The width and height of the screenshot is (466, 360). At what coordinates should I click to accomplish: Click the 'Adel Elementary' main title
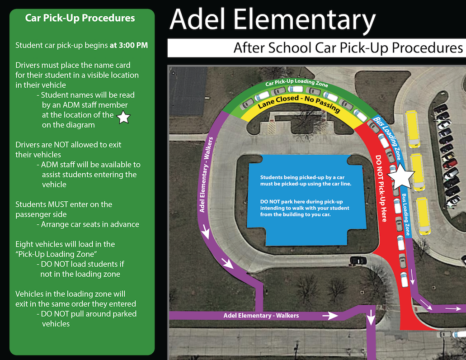click(273, 20)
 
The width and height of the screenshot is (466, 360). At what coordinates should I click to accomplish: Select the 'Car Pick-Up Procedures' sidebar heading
click(80, 18)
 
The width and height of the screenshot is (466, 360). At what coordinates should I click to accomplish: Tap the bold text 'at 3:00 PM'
click(129, 45)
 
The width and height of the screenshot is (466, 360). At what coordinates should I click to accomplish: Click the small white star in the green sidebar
click(123, 118)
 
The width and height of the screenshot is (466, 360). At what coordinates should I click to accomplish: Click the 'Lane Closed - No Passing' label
click(299, 102)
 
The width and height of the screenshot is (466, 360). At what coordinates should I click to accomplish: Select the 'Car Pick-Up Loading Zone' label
click(297, 84)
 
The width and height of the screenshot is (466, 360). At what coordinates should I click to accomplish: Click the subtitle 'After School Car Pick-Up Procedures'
click(348, 48)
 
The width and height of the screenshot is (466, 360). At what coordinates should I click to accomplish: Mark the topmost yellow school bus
click(413, 128)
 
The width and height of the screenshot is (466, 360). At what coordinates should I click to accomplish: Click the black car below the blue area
click(358, 260)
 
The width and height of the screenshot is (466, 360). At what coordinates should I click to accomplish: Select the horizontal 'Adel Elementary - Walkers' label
click(261, 315)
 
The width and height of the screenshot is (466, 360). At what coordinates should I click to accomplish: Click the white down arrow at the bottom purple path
click(371, 319)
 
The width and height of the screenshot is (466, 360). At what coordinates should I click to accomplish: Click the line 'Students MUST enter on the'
click(64, 204)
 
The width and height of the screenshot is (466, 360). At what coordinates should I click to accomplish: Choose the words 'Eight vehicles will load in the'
click(65, 244)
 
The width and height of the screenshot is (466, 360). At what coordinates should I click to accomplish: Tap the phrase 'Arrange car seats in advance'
click(90, 224)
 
